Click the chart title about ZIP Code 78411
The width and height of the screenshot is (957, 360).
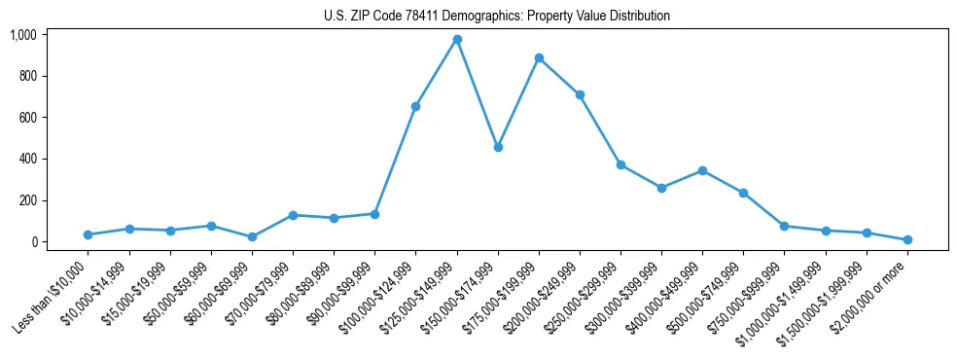pyautogui.click(x=497, y=17)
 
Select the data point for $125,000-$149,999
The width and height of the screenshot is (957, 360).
pyautogui.click(x=457, y=39)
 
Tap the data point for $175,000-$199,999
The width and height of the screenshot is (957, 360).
pyautogui.click(x=539, y=57)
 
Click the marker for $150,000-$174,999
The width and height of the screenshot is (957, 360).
pyautogui.click(x=498, y=147)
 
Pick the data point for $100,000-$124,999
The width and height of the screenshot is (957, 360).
pyautogui.click(x=416, y=106)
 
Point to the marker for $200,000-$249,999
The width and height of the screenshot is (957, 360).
pyautogui.click(x=580, y=94)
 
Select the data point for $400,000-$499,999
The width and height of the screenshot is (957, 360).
pyautogui.click(x=702, y=170)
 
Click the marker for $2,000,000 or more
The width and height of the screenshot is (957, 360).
pyautogui.click(x=907, y=239)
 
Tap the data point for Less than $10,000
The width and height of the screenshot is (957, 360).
pyautogui.click(x=89, y=234)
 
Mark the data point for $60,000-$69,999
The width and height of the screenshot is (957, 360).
pyautogui.click(x=252, y=236)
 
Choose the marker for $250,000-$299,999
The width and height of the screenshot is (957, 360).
pyautogui.click(x=620, y=164)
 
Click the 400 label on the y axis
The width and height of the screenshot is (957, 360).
pyautogui.click(x=27, y=159)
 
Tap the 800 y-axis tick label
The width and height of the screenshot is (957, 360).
pyautogui.click(x=27, y=76)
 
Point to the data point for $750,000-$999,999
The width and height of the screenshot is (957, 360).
pyautogui.click(x=784, y=226)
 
